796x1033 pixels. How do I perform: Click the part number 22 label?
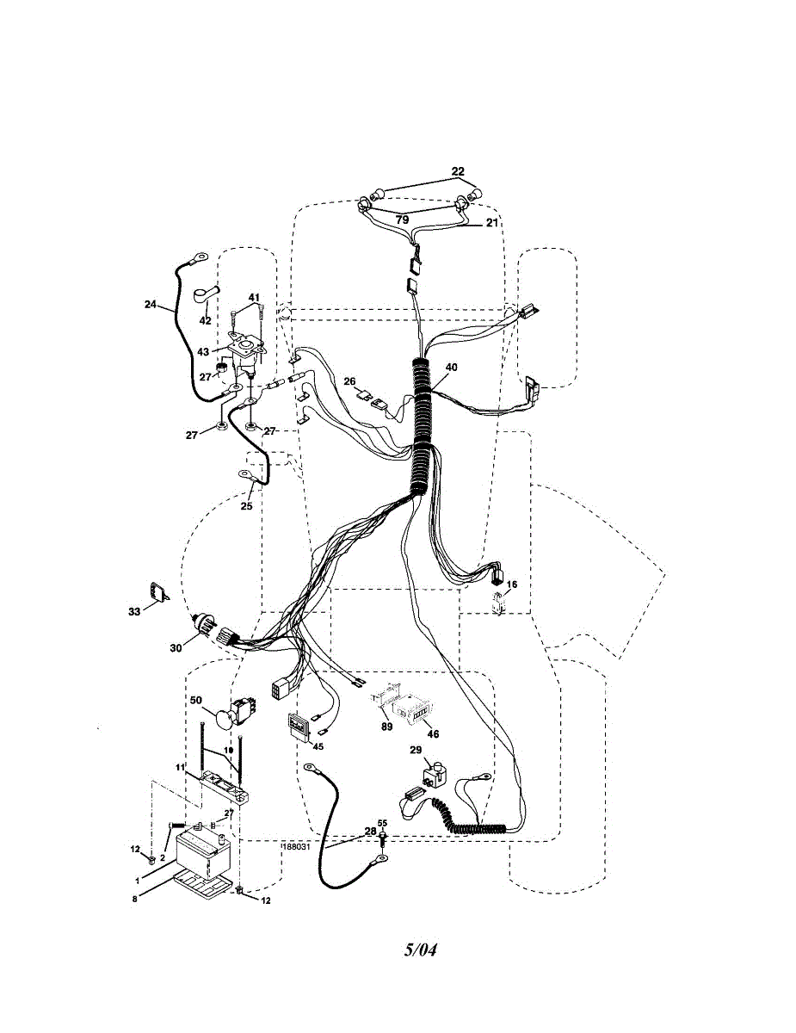coord(457,172)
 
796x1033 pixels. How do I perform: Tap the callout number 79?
coord(402,220)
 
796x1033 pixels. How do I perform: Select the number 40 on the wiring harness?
coord(451,367)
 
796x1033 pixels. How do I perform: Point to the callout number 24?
coord(151,303)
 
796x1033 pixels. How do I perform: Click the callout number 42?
coord(205,320)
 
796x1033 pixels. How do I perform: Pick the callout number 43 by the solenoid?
coord(203,351)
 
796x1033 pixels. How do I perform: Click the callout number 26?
coord(349,381)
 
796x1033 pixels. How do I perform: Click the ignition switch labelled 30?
coord(207,631)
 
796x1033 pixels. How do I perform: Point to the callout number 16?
coord(511,585)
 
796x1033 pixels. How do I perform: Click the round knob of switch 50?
coord(225,717)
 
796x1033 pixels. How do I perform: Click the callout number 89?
coord(386,727)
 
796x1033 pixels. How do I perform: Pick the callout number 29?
coord(415,752)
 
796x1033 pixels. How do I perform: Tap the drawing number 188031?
coord(295,845)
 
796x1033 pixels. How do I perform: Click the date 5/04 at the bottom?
coord(421,951)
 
